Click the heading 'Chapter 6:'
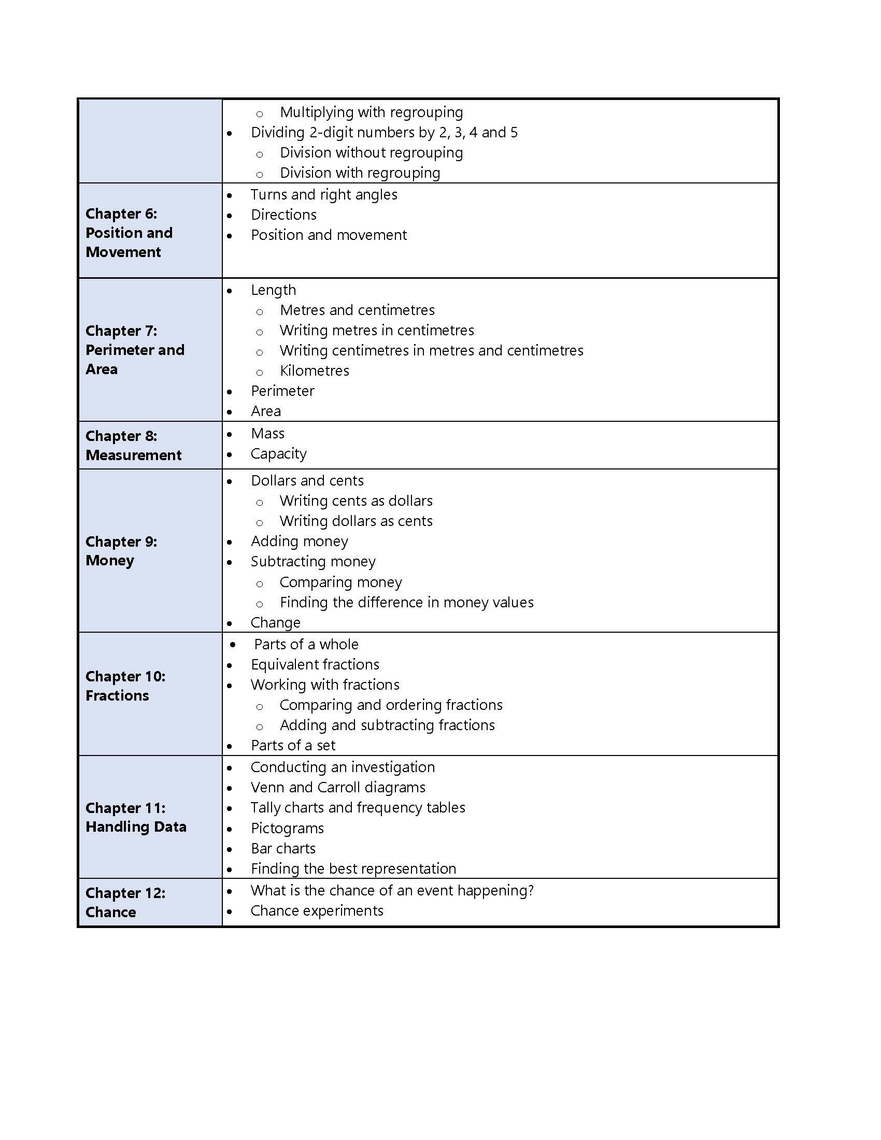point(121,213)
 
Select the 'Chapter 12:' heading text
point(125,893)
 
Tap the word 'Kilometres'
point(314,370)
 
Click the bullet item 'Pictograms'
point(287,829)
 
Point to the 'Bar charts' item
point(283,849)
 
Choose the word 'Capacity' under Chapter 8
point(278,453)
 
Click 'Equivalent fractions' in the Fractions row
point(315,664)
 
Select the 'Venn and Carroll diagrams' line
point(338,788)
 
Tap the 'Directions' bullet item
point(283,215)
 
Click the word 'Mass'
point(267,433)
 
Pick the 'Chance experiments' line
point(317,911)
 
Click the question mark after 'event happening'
point(531,890)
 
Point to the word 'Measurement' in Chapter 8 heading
point(134,455)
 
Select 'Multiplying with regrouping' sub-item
point(371,112)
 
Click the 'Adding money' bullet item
point(299,541)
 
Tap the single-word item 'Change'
point(275,623)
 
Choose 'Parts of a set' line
point(293,745)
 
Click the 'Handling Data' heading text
point(136,827)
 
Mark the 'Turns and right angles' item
point(323,195)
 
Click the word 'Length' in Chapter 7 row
point(273,290)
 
